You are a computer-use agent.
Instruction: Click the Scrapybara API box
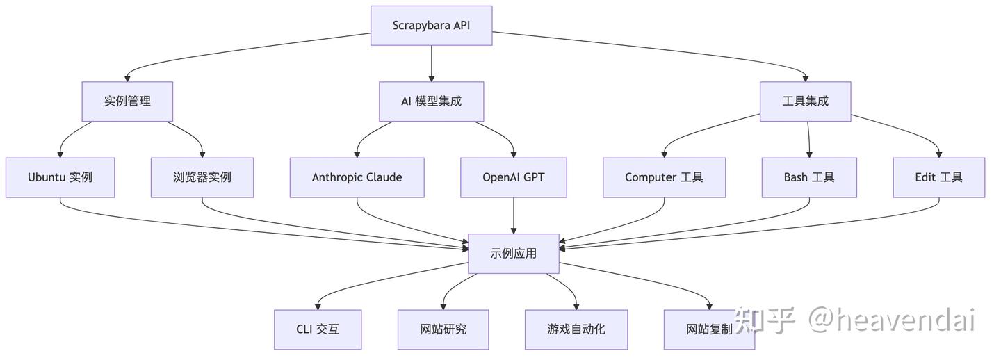pos(431,26)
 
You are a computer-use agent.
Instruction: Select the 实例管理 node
pos(127,101)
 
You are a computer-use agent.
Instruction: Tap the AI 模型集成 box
pos(431,101)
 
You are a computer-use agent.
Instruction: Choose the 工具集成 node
pos(805,101)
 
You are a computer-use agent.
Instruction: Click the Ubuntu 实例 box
pos(60,177)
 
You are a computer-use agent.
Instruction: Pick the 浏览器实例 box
pos(202,177)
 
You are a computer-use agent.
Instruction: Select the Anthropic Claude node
pos(357,177)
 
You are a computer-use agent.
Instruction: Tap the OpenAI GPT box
pos(514,177)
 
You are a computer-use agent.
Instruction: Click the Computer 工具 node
pos(664,177)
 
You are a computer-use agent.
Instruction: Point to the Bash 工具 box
pos(809,177)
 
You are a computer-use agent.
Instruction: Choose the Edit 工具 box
pos(939,177)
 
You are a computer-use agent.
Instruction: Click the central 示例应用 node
pos(514,254)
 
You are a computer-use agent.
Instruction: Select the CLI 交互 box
pos(318,329)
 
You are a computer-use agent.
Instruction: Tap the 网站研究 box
pos(443,329)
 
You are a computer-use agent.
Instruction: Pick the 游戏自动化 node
pos(576,329)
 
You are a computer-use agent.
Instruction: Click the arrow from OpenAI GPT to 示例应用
pos(514,215)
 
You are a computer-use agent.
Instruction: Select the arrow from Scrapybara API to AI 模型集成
pos(431,63)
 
